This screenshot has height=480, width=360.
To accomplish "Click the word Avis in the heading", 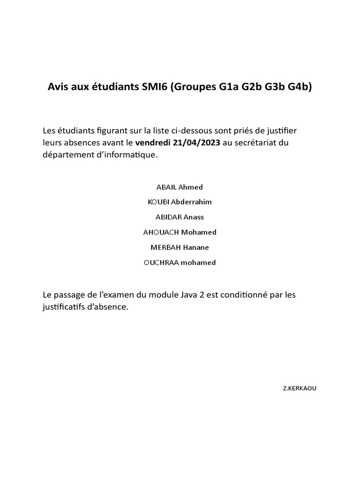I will point(58,87).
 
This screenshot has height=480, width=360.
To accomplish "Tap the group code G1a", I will point(229,87).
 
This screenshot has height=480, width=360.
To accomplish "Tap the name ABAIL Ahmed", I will point(180,187).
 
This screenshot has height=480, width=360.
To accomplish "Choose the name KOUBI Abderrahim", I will point(180,202).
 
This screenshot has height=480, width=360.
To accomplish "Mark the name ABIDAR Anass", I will point(180,217).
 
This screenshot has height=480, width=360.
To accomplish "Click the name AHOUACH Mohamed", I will point(180,232).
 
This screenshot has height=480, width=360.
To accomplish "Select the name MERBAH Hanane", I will point(180,247).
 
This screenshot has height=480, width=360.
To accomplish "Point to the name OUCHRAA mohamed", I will point(180,262).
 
